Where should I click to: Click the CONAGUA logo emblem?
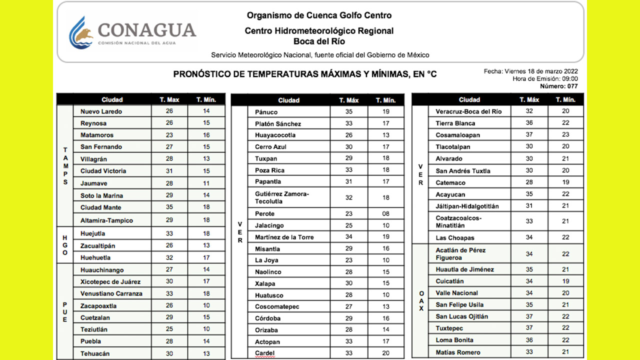click(81, 32)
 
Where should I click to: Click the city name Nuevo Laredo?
click(101, 111)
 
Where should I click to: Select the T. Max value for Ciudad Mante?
click(169, 207)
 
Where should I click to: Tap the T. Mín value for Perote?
click(385, 214)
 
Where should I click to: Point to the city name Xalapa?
click(265, 283)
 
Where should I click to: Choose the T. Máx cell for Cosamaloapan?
click(529, 135)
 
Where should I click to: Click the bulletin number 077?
click(572, 86)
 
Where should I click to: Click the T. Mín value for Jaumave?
click(206, 183)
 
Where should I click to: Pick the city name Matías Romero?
click(457, 352)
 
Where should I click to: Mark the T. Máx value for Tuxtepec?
click(529, 328)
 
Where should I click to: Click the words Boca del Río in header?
click(319, 41)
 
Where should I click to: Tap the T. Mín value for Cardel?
click(385, 353)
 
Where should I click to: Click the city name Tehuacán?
click(95, 353)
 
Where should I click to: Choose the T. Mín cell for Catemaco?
click(565, 183)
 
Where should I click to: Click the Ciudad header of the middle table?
click(288, 100)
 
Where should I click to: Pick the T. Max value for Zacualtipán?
click(169, 245)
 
